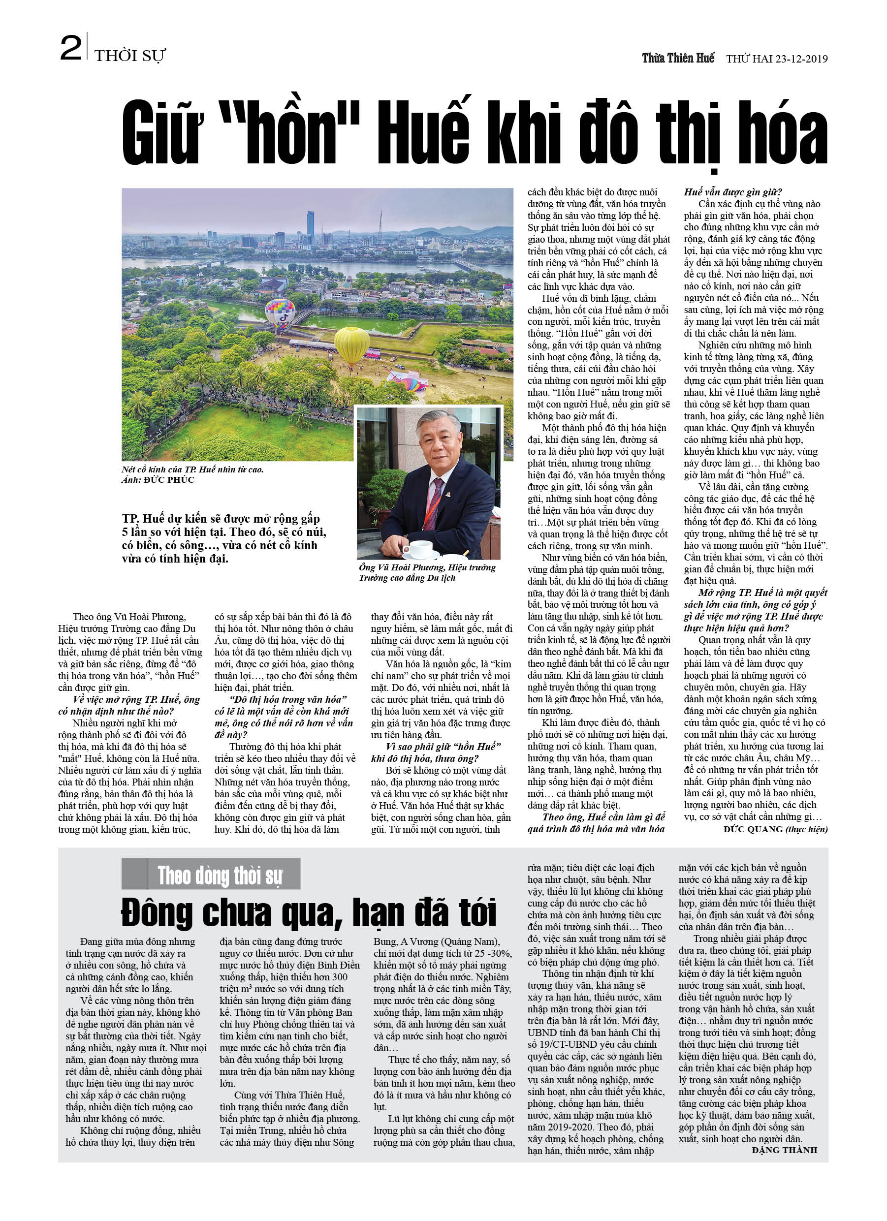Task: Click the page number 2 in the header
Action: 70,48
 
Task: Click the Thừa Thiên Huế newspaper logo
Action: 677,58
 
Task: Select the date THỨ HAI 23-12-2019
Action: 777,59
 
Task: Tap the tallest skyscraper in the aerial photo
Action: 310,226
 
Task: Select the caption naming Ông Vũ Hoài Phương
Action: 427,572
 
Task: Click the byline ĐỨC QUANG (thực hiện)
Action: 776,829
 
